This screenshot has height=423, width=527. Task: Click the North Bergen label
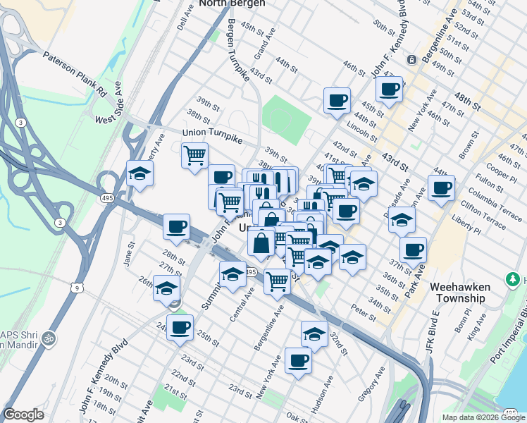(x=232, y=4)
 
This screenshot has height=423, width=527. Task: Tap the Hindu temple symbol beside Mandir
(x=49, y=337)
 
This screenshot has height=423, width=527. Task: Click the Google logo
(x=23, y=415)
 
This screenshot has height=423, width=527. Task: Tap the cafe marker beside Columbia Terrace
(x=441, y=188)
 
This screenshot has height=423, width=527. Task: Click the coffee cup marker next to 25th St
(x=180, y=326)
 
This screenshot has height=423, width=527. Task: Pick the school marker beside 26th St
(x=167, y=288)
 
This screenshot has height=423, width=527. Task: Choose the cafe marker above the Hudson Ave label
(x=298, y=360)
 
